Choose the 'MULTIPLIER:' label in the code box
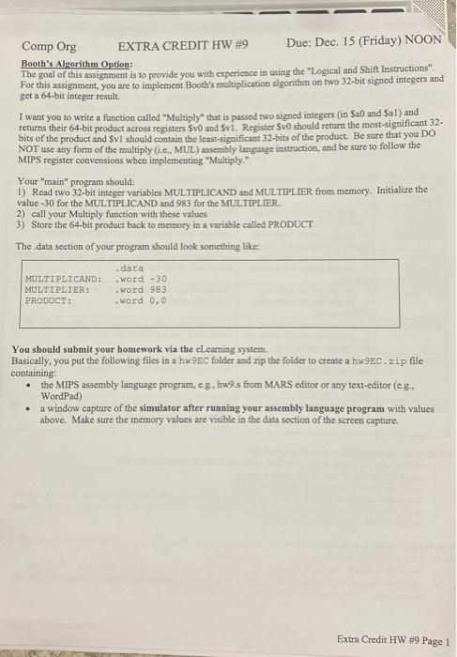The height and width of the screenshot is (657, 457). coord(58,290)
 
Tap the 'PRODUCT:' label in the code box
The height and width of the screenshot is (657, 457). coord(48,301)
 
